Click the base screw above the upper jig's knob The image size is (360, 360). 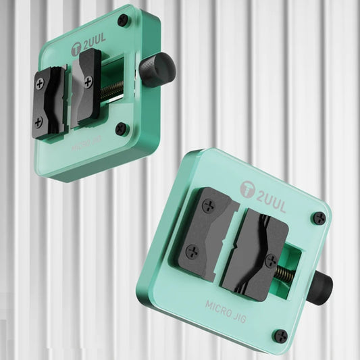click(123, 20)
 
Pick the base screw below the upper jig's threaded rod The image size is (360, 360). click(121, 128)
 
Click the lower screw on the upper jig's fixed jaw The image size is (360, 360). click(38, 122)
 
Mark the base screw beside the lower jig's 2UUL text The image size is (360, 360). click(319, 218)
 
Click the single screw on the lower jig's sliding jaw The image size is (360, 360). click(270, 261)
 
